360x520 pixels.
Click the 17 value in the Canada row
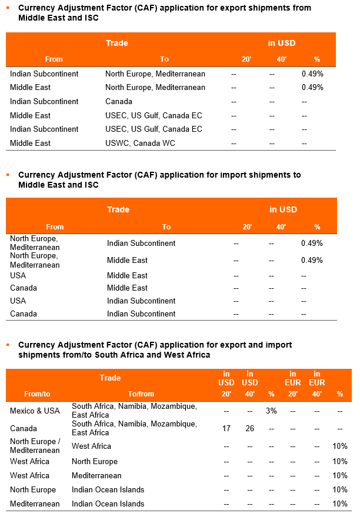(226, 428)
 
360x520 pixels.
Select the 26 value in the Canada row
(250, 428)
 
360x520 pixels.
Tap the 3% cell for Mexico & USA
(271, 411)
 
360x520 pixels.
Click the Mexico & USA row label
(35, 411)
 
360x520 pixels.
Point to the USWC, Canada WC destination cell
(140, 143)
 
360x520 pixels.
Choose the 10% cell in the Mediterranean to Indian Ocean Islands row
(340, 504)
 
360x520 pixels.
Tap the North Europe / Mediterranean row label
(35, 446)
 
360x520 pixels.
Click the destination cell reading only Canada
(119, 101)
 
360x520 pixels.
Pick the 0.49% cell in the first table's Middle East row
(312, 87)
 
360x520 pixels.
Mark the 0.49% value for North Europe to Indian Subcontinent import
(312, 243)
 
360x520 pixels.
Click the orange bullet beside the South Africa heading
(8, 345)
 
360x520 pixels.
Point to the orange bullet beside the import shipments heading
(8, 175)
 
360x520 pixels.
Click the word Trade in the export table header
(116, 43)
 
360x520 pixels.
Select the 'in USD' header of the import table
(284, 209)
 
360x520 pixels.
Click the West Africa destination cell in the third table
(91, 446)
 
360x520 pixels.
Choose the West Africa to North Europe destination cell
(95, 461)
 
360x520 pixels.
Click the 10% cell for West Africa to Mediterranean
(340, 475)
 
